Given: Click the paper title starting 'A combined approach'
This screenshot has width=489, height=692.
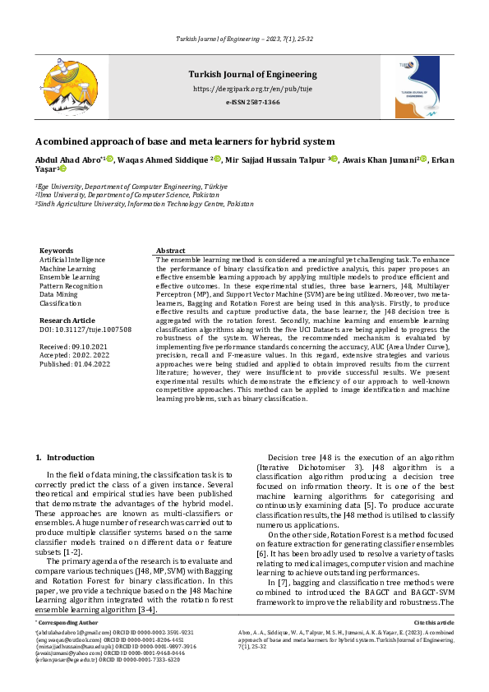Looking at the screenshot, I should point(185,141).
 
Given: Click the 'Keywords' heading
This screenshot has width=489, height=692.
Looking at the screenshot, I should point(56,250).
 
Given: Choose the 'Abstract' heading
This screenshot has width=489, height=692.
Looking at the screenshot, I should point(170,250).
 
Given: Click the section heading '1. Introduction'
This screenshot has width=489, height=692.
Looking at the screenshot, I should point(66,457).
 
